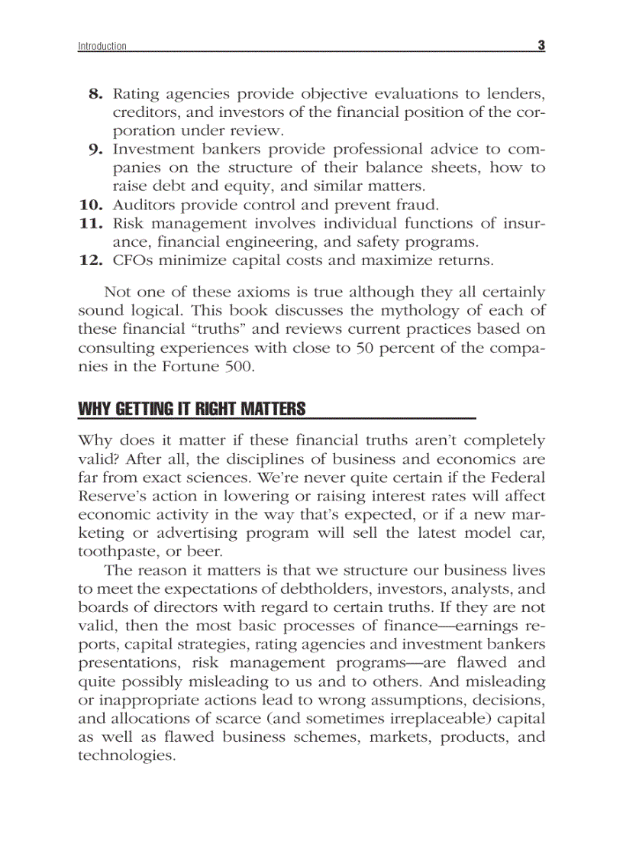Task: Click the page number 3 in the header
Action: (541, 45)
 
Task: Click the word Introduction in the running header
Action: (102, 47)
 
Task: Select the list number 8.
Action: (95, 94)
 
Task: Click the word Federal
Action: (517, 478)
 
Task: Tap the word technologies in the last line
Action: (127, 756)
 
